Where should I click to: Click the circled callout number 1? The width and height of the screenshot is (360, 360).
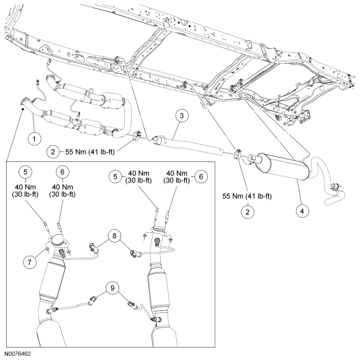34,138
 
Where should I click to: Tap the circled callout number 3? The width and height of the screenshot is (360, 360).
182,115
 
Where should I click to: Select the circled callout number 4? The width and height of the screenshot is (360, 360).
302,211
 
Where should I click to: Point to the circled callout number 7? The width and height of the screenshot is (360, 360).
29,262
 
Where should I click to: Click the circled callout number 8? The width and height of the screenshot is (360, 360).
114,236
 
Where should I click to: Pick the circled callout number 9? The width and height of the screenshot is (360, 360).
112,287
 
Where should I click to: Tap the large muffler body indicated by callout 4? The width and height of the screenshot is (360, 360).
282,166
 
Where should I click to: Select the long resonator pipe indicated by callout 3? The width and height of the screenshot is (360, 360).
188,145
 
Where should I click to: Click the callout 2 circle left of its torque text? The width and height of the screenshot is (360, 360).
53,152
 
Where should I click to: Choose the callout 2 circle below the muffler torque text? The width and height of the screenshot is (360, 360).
247,212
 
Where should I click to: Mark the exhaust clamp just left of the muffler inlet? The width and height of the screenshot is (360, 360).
237,153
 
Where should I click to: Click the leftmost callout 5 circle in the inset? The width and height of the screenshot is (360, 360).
25,172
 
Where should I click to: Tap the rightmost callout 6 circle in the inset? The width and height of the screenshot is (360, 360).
201,176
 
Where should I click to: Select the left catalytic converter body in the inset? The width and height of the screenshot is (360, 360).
52,278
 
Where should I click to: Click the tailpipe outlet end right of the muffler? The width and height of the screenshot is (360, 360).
328,202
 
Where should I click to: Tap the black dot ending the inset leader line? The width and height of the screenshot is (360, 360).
22,109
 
